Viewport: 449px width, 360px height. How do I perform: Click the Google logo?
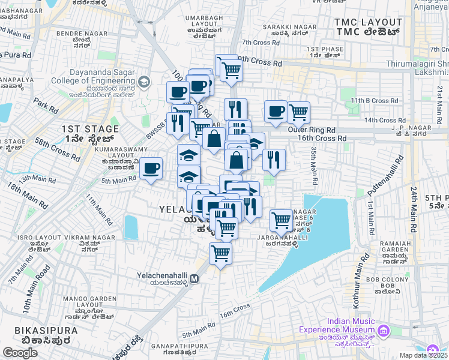[20, 353]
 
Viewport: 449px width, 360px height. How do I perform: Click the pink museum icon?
[383, 330]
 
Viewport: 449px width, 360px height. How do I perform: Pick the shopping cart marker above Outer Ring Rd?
[298, 112]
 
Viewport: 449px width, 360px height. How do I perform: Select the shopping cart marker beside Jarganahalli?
[281, 220]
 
